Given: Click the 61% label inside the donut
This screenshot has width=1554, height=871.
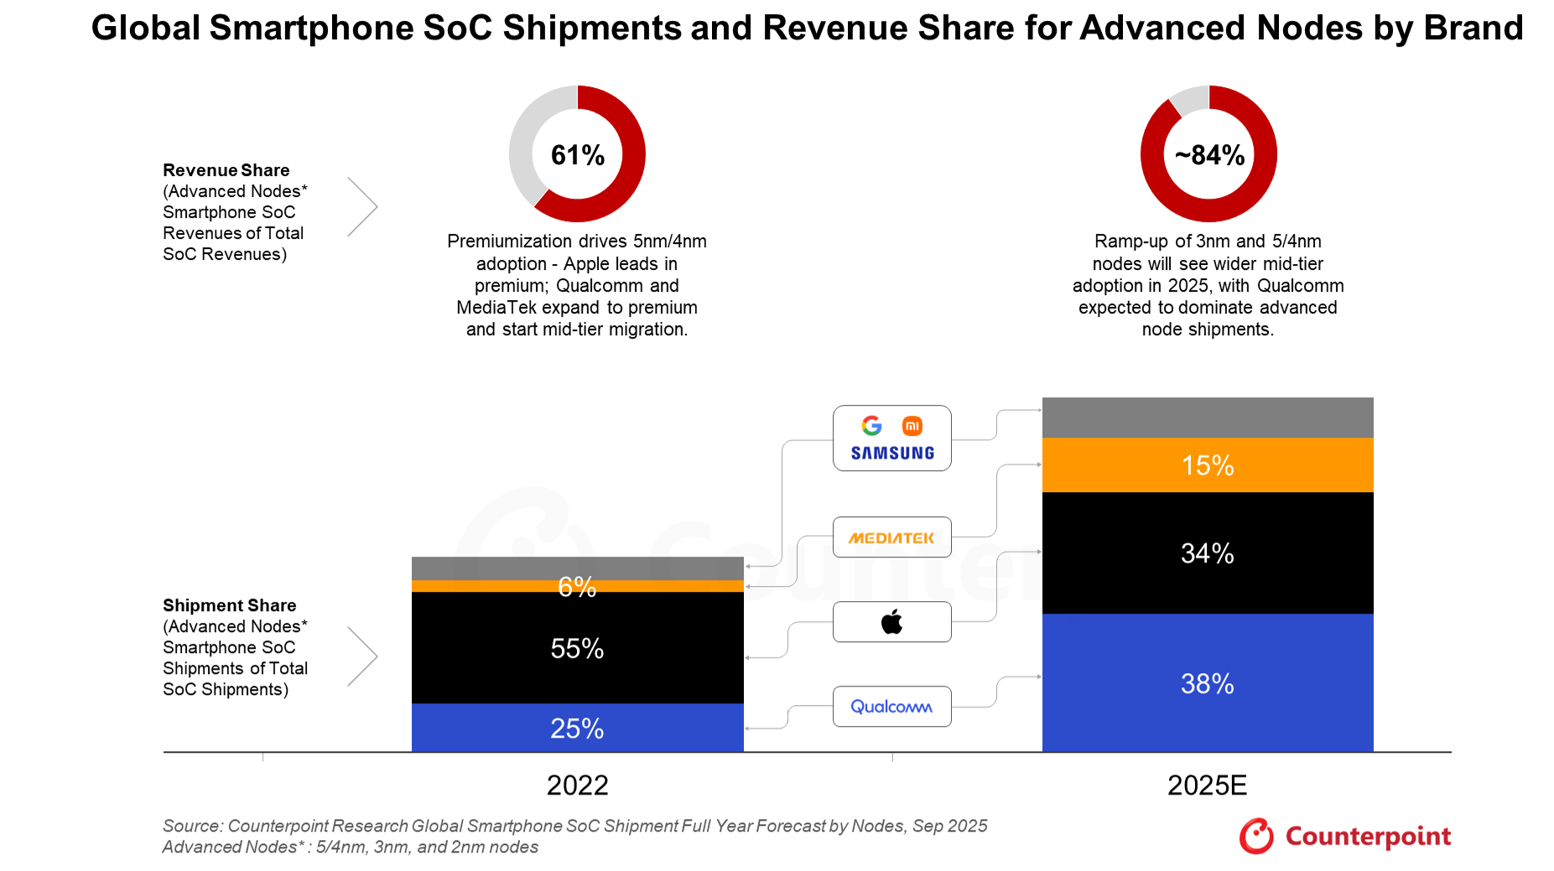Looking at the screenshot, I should click(x=577, y=155).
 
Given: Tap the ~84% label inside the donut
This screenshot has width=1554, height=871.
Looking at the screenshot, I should click(x=1208, y=155).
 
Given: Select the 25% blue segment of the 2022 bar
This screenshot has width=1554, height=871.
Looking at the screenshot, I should click(x=577, y=728).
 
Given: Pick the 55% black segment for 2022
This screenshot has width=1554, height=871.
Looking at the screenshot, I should click(x=577, y=648).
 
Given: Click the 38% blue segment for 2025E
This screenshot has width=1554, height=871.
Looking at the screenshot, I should click(x=1207, y=683).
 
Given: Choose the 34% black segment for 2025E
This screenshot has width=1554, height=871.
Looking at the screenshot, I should click(x=1207, y=553).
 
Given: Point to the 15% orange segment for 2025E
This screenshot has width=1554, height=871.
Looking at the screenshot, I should click(x=1207, y=465).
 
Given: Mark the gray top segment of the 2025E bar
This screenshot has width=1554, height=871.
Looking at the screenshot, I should click(x=1207, y=417).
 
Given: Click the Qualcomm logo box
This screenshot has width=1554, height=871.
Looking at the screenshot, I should click(x=891, y=707).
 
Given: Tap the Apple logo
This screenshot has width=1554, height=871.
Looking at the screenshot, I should click(x=891, y=622).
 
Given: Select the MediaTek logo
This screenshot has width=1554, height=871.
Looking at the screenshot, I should click(x=891, y=537).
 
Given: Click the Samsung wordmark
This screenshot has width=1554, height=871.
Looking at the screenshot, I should click(x=892, y=454).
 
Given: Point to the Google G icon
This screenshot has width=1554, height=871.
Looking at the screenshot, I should click(x=872, y=426).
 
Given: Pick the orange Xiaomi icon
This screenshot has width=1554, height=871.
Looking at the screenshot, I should click(x=912, y=426).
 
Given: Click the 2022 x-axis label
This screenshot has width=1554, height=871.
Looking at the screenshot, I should click(x=577, y=785).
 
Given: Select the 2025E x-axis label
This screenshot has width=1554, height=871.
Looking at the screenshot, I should click(x=1207, y=785).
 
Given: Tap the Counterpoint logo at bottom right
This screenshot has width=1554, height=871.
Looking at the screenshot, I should click(x=1345, y=836).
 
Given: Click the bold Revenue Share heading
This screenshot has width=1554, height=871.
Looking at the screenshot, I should click(x=226, y=170).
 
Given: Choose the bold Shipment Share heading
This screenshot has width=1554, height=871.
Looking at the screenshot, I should click(x=229, y=605).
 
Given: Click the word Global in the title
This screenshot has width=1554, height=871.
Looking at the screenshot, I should click(x=145, y=29).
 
